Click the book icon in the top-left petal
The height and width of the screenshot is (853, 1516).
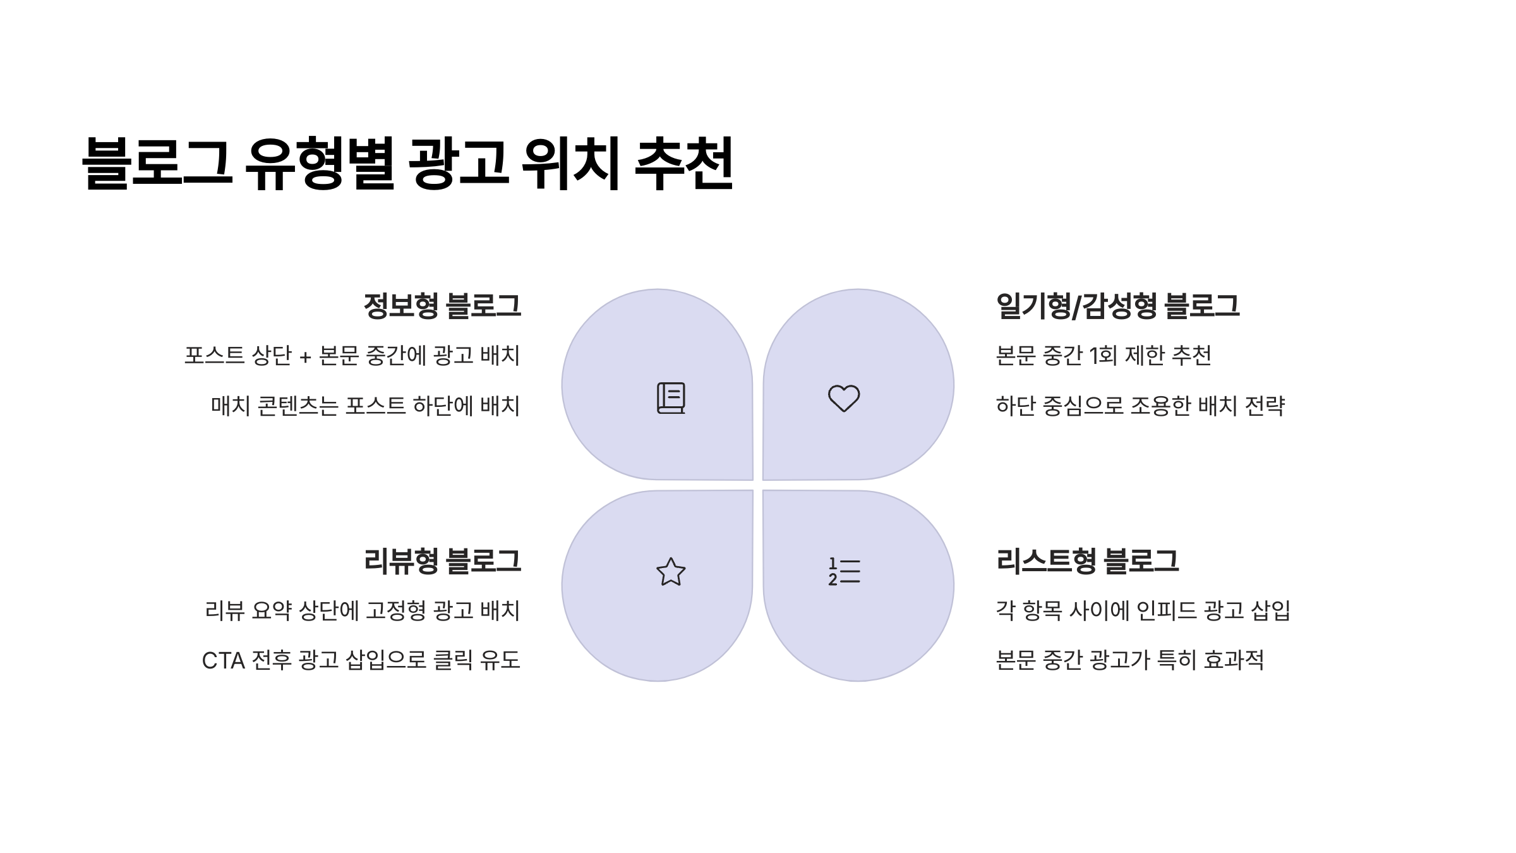(671, 398)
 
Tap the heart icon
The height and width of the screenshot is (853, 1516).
(844, 398)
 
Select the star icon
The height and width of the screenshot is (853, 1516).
(671, 572)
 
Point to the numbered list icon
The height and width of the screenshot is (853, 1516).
(844, 572)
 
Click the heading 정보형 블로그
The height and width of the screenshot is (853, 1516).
(442, 306)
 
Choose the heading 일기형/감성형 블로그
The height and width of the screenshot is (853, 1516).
(1117, 306)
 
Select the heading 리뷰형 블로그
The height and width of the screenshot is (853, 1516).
(442, 561)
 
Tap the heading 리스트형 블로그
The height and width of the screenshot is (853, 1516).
(1087, 561)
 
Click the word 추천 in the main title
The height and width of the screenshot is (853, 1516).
(683, 163)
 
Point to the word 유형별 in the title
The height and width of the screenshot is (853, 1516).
(319, 163)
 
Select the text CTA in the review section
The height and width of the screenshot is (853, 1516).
(223, 661)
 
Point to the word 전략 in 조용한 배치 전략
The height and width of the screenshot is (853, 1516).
(1265, 406)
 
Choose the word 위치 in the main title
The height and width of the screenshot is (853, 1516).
(570, 163)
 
